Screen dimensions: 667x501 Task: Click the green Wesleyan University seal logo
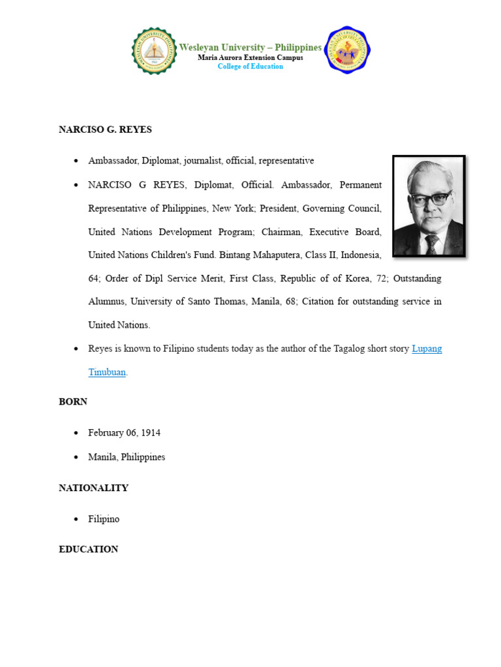(x=155, y=51)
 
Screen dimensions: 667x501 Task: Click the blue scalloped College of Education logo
(x=347, y=50)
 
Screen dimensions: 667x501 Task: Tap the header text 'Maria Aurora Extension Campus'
(x=250, y=58)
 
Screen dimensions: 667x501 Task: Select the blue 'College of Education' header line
(x=250, y=66)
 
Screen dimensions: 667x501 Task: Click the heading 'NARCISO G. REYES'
(x=105, y=130)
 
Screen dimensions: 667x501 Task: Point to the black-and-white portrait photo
(x=429, y=206)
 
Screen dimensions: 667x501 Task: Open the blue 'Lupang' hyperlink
(x=427, y=348)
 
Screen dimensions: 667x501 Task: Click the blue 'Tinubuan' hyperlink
(x=107, y=373)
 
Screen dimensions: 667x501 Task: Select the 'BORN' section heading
(x=73, y=402)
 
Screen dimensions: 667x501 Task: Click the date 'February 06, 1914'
(x=125, y=433)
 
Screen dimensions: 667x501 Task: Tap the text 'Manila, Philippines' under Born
(x=127, y=457)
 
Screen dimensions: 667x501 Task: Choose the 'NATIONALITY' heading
(x=93, y=488)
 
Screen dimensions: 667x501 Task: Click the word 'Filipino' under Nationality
(x=104, y=519)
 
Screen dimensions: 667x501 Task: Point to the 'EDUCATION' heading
(x=89, y=550)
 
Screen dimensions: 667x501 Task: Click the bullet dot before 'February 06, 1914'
(x=76, y=433)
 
